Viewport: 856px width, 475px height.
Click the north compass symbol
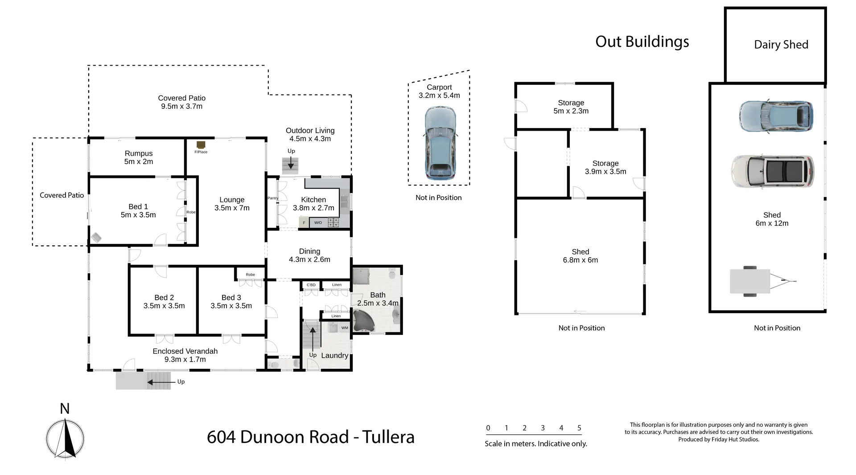point(65,438)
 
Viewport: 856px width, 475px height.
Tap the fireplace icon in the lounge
point(201,145)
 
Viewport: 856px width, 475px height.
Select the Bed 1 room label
point(138,207)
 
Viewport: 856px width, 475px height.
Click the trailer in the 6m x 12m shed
point(758,281)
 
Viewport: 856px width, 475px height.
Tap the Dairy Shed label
point(781,45)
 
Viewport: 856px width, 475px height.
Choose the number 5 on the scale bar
point(579,428)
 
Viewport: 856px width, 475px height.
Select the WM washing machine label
point(345,328)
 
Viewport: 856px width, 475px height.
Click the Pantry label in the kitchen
point(273,198)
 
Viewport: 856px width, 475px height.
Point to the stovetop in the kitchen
point(333,222)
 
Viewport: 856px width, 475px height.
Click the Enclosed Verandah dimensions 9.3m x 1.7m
point(185,359)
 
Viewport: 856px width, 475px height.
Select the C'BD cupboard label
point(311,285)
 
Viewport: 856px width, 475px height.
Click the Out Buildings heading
point(642,41)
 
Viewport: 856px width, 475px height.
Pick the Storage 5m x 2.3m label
point(571,107)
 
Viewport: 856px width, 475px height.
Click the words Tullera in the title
point(388,437)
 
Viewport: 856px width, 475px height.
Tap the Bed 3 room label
point(231,297)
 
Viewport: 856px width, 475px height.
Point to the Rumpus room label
point(139,153)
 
